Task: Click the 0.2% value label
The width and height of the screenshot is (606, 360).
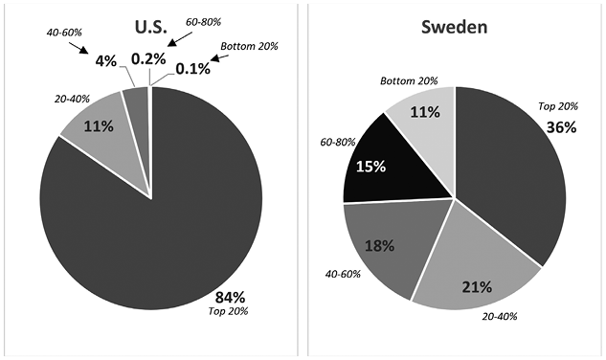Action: click(x=147, y=58)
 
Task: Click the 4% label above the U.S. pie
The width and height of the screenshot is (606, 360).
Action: click(x=104, y=60)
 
